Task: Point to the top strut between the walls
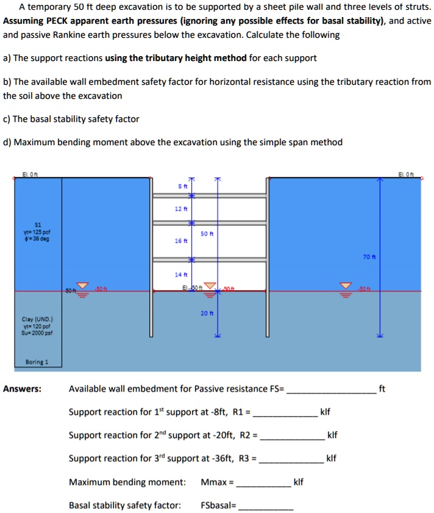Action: tap(208, 196)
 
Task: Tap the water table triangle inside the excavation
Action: tap(210, 287)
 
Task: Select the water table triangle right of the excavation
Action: tap(345, 287)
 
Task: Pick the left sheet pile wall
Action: tap(151, 256)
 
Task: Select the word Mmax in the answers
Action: tap(213, 483)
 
